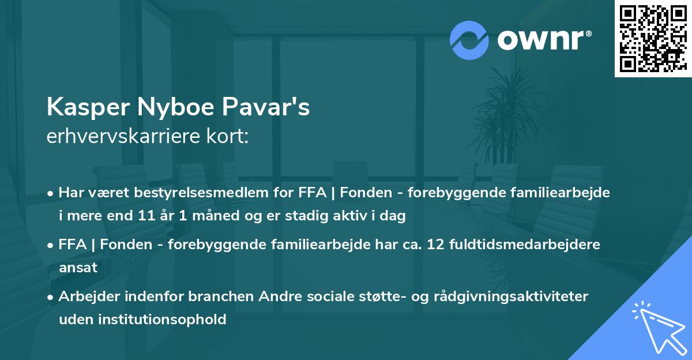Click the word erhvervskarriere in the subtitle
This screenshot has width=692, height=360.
click(x=120, y=137)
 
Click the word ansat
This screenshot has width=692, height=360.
click(x=78, y=268)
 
